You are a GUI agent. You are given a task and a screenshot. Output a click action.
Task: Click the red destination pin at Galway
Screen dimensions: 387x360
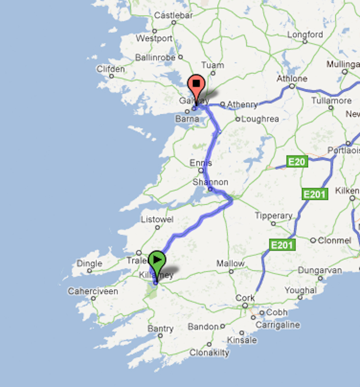[x=196, y=86]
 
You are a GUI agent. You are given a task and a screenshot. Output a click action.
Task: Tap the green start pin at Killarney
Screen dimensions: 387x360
[x=157, y=261]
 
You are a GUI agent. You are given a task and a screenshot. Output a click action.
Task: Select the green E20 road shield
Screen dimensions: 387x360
[x=297, y=161]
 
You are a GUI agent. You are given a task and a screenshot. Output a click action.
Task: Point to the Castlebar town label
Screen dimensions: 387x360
[x=173, y=15]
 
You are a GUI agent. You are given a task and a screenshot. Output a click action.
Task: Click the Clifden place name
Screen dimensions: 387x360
[x=111, y=69]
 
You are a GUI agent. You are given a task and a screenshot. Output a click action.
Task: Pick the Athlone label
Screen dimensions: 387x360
[x=292, y=79]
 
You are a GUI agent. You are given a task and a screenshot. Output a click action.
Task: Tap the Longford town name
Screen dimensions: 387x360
[x=305, y=34]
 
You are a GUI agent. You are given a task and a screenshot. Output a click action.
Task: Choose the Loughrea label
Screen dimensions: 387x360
[x=260, y=119]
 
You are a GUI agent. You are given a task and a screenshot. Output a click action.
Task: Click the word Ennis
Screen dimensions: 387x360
[x=201, y=163]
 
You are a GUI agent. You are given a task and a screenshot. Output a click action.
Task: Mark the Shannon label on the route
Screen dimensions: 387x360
[x=210, y=182]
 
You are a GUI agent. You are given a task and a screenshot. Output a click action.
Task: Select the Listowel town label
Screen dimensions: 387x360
[x=157, y=219]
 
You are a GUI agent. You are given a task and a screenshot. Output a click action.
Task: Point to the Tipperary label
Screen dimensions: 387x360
[x=273, y=216]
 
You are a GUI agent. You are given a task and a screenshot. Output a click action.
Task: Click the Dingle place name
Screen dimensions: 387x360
[x=89, y=264]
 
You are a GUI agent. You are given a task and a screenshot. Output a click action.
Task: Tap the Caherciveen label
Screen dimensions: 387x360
[x=93, y=291]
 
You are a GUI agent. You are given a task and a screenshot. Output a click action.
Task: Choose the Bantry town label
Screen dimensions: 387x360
[x=160, y=329]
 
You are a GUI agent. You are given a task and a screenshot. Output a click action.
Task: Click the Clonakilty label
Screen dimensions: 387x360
[x=209, y=353]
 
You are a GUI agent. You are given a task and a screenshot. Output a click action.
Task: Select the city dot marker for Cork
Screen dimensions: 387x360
[x=245, y=306]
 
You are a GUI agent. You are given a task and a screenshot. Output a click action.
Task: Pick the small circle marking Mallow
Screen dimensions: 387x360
[x=231, y=271]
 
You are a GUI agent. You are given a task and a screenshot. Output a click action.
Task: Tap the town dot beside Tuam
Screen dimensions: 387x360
[x=213, y=73]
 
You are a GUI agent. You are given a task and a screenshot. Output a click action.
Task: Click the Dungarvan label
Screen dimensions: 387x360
[x=320, y=270]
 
